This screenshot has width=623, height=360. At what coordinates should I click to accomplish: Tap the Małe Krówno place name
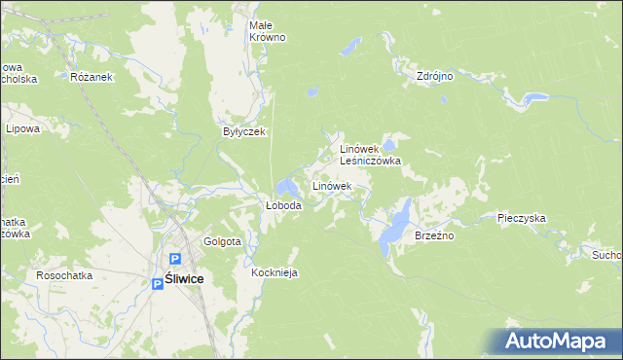point(267,30)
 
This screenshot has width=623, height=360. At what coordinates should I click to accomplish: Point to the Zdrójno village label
point(435,76)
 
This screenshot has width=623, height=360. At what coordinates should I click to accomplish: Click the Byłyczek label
point(244,131)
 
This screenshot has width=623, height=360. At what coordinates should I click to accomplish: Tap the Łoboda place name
point(283,206)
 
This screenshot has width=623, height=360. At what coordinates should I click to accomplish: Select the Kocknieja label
point(274,272)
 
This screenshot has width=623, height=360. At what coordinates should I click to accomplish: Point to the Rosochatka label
point(64,275)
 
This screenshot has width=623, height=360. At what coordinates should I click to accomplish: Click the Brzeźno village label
point(435,235)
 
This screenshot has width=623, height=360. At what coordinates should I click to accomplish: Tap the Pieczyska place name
point(521,219)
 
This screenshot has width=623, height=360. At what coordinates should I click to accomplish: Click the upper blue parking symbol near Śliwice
point(176,260)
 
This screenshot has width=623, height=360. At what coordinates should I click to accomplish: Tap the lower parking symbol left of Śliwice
point(158,283)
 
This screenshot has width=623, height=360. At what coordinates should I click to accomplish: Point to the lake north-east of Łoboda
point(288,186)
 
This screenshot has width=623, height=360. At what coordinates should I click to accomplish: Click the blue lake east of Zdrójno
point(532,98)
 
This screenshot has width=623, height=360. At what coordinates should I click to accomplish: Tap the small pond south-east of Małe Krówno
point(311,93)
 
